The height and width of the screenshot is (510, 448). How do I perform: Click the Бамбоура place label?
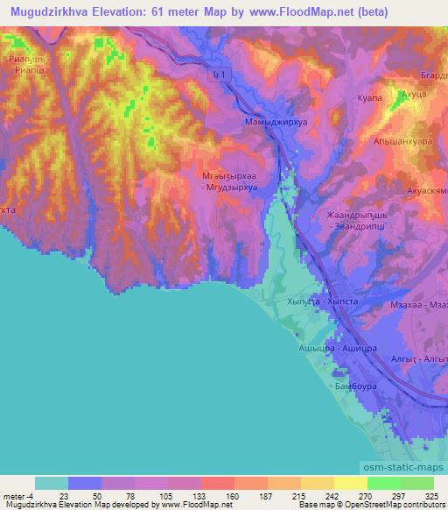(x=356, y=385)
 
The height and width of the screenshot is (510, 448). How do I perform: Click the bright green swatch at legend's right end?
(x=416, y=483)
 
